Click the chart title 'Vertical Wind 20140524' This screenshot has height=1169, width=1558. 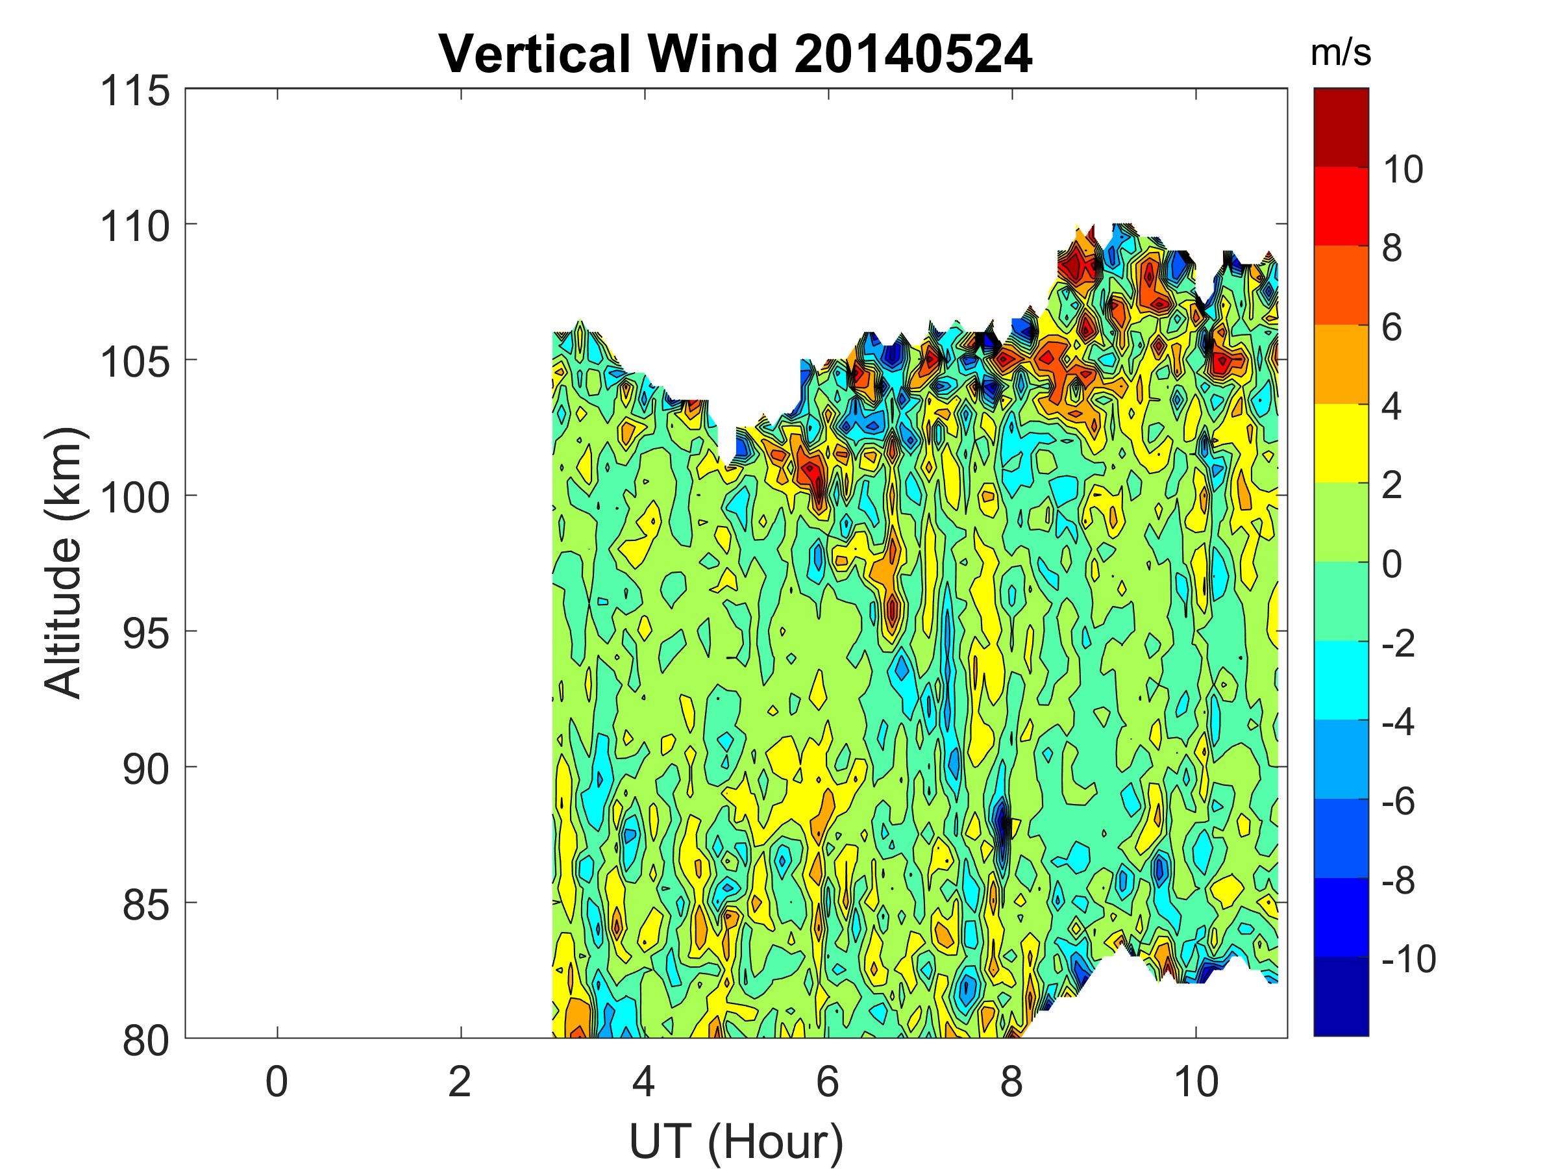(x=736, y=53)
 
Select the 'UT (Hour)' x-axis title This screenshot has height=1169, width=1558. (x=736, y=1141)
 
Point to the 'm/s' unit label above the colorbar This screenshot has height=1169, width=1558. (x=1341, y=53)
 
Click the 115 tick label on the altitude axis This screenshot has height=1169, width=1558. (x=135, y=92)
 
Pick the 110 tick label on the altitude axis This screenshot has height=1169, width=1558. (x=135, y=227)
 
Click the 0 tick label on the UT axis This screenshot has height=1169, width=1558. (x=277, y=1081)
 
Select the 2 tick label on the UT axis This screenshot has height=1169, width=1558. (x=460, y=1081)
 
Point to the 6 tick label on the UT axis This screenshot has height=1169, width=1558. (x=828, y=1081)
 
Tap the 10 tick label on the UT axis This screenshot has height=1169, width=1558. (x=1195, y=1081)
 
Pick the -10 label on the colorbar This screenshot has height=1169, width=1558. (x=1408, y=959)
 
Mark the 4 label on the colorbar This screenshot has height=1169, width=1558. (x=1392, y=407)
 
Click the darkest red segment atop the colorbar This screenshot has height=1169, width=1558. (x=1341, y=127)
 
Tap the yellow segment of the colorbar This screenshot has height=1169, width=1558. (x=1341, y=443)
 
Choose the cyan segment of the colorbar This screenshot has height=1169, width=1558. (x=1341, y=680)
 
